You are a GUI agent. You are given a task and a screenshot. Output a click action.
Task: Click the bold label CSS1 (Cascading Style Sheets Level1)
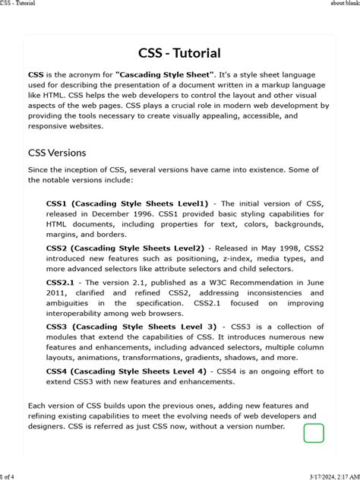[127, 204]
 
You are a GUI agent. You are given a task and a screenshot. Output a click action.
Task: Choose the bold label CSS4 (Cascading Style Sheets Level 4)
[126, 371]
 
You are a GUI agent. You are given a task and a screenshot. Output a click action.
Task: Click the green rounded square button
[314, 434]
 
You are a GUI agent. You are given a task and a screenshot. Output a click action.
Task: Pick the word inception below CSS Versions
[85, 169]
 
